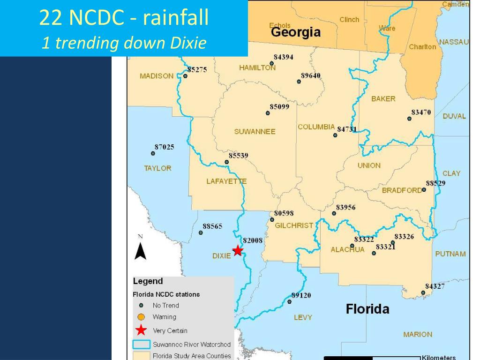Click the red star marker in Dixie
coord(238,251)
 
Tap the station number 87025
coord(164,147)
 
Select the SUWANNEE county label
coord(255,132)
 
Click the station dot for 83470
coord(409,119)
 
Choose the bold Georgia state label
coord(296,32)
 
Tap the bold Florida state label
coord(367,309)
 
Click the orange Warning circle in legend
coord(141,317)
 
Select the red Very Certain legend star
coord(141,330)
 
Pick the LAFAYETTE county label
coord(226,181)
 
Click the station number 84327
coord(435,286)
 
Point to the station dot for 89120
coord(289,301)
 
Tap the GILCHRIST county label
coord(294,225)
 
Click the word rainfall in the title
coord(176,18)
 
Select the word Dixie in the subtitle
coord(188,43)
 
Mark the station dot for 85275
coord(185,76)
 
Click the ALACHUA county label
coord(347,249)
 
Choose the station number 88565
coord(212,226)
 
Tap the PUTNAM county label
coord(450,254)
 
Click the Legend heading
coord(148,281)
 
